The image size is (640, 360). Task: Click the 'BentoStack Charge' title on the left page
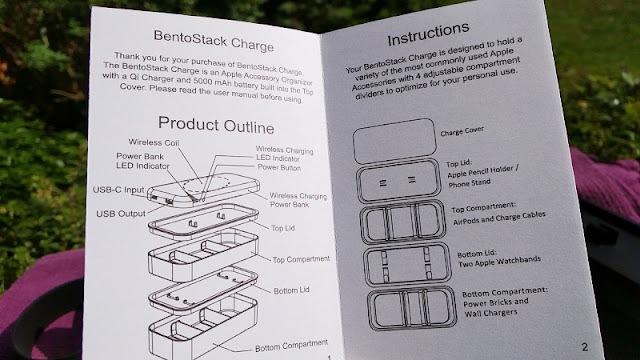tap(213, 41)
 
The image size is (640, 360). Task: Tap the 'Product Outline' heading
tap(216, 125)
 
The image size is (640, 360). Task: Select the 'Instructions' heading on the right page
tap(428, 34)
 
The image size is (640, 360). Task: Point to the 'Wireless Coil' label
tap(154, 142)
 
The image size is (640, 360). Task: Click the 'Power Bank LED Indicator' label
tap(142, 161)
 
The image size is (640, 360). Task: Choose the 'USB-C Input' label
tap(118, 190)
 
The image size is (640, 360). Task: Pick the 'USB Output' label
tap(121, 213)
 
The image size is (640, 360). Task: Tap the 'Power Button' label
tap(279, 167)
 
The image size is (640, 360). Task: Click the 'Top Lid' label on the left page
tap(283, 228)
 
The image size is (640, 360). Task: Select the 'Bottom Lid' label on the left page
tap(291, 291)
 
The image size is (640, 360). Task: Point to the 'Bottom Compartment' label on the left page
tap(291, 346)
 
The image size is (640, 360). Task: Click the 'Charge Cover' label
tap(462, 131)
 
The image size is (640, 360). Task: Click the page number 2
tap(584, 347)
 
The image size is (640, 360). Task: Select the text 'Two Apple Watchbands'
tap(499, 262)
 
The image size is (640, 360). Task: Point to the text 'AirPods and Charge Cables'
tap(499, 218)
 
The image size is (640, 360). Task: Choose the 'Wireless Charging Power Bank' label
tap(298, 200)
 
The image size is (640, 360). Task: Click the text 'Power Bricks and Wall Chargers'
tap(496, 307)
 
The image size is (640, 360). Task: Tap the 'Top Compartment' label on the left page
tap(301, 259)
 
